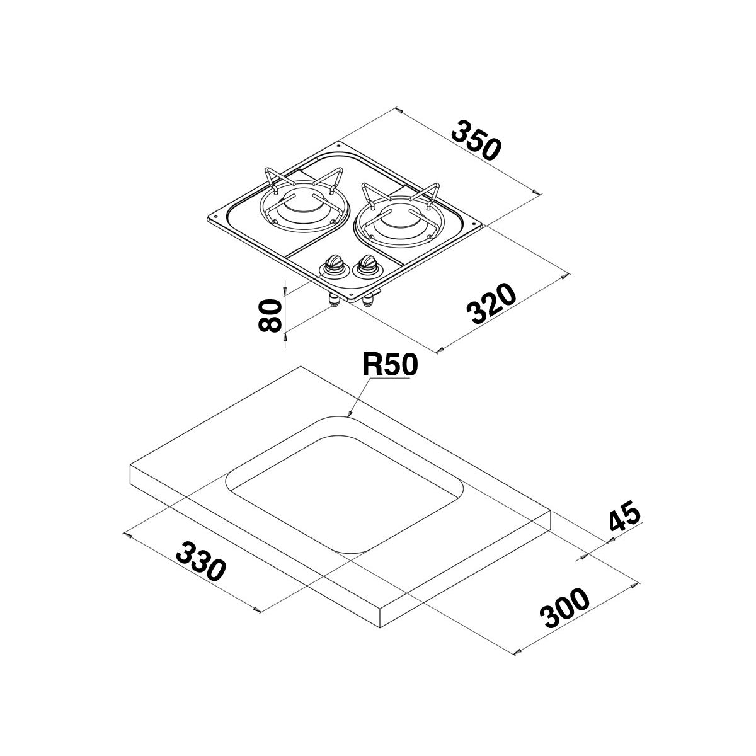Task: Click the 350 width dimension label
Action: pos(477,140)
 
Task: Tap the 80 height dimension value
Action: pos(269,315)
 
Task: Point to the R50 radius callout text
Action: pos(389,365)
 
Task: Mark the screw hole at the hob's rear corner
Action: pos(340,146)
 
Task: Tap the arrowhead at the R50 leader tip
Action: pos(349,415)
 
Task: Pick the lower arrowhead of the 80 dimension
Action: pos(285,336)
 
